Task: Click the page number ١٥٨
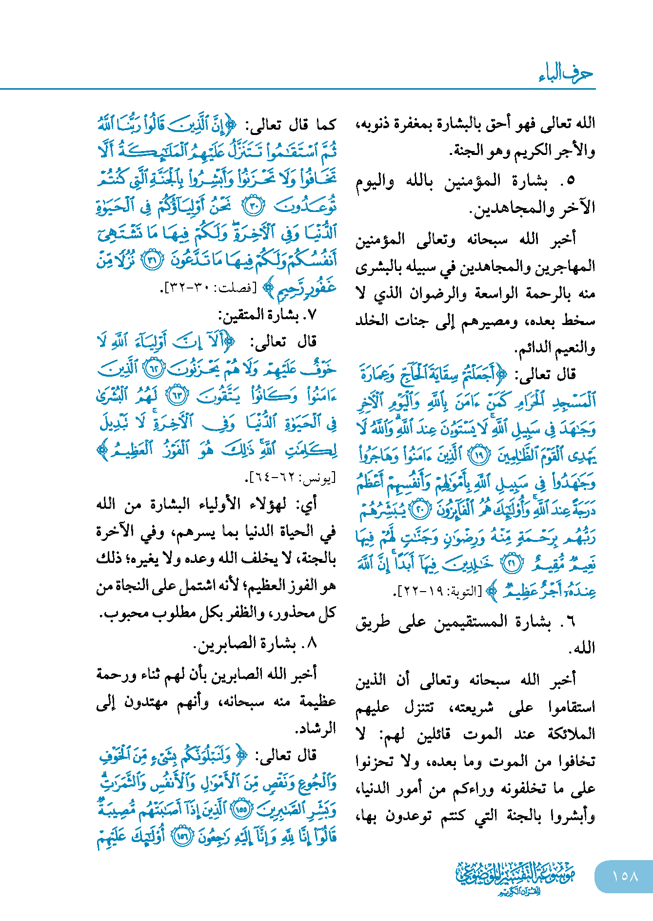625,876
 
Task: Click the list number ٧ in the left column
312,315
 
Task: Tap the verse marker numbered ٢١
512,564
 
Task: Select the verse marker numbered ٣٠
254,206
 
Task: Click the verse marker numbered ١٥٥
242,809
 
